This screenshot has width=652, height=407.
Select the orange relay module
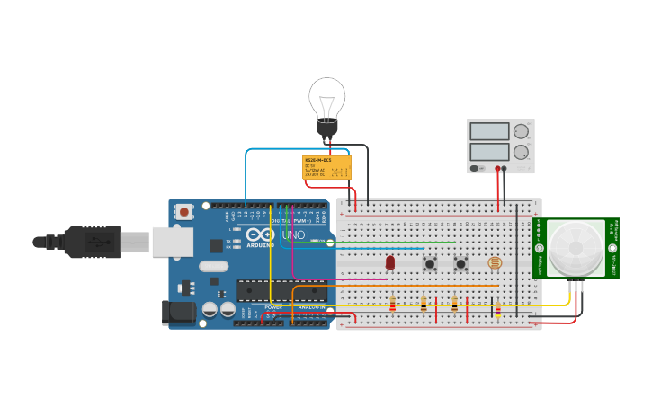(x=326, y=167)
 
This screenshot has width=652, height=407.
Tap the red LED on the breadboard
(x=390, y=262)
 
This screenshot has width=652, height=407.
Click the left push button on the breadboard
(x=430, y=263)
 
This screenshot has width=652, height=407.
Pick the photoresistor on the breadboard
(x=494, y=262)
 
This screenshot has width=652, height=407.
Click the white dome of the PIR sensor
(x=576, y=247)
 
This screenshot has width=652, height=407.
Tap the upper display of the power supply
(x=489, y=131)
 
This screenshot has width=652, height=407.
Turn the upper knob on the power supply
(x=521, y=131)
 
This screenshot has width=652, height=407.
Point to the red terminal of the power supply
(x=497, y=168)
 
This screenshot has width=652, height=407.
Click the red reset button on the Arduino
(x=184, y=212)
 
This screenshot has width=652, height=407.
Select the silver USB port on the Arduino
(x=172, y=242)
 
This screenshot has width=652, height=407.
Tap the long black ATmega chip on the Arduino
(x=281, y=290)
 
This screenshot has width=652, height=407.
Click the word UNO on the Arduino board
(x=294, y=236)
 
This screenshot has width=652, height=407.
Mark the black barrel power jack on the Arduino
(x=178, y=313)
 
